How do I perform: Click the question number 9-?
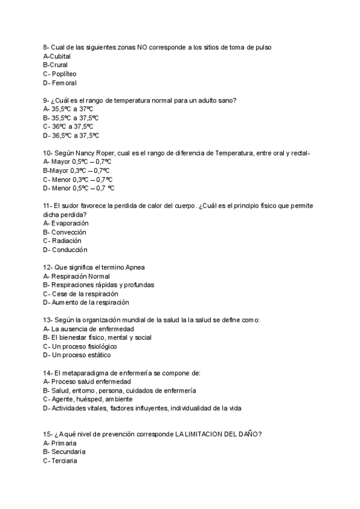[46, 100]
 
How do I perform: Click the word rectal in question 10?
[298, 153]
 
